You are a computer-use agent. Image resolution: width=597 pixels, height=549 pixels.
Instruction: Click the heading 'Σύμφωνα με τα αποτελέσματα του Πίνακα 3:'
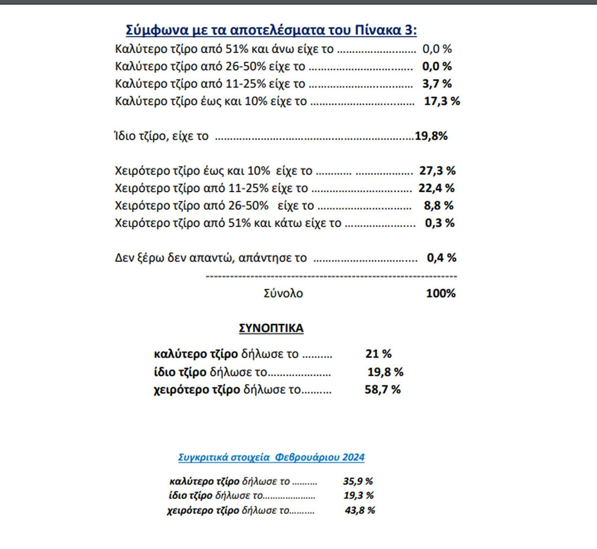click(x=271, y=30)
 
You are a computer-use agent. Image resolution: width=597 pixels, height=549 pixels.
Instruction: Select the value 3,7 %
click(x=437, y=84)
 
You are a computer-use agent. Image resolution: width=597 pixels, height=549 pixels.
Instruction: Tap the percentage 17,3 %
click(x=442, y=101)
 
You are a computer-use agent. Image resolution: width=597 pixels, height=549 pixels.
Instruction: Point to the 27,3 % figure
click(x=437, y=171)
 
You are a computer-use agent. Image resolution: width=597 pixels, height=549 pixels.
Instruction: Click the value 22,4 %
click(x=437, y=188)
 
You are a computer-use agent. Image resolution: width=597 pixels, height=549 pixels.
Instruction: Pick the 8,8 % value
click(x=438, y=206)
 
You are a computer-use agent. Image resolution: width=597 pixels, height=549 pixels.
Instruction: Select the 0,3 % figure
click(x=440, y=223)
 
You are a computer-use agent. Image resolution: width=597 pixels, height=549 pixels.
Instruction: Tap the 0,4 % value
click(x=441, y=258)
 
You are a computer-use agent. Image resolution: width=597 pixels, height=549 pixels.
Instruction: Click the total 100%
click(x=441, y=293)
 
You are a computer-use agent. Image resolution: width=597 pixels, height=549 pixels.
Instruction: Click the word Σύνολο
click(x=283, y=293)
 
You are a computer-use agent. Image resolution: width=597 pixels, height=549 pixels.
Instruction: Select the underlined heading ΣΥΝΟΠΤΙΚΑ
click(x=271, y=328)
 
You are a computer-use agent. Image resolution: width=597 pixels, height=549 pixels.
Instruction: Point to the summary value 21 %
click(x=378, y=353)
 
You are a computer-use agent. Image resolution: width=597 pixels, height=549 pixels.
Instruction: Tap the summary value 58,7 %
click(x=382, y=390)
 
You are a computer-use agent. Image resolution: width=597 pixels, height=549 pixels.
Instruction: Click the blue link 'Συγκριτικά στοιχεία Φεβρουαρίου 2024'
click(x=271, y=457)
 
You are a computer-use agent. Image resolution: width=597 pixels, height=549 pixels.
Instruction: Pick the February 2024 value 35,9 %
click(x=358, y=481)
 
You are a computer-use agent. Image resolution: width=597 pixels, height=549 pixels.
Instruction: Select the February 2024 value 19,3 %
click(x=359, y=496)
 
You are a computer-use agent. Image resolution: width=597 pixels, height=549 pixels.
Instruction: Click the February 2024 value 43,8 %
click(x=360, y=510)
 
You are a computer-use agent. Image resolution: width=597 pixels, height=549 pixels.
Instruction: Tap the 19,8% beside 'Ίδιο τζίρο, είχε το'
click(x=431, y=136)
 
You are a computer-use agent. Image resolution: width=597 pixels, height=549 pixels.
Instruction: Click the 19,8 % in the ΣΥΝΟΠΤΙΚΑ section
click(x=385, y=372)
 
